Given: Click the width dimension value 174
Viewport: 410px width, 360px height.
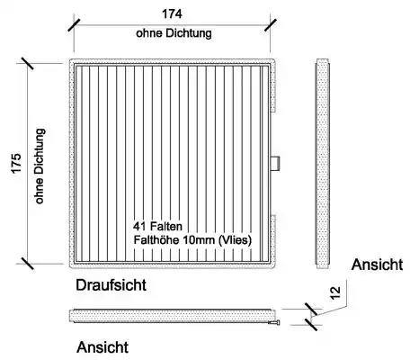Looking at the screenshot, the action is pyautogui.click(x=172, y=13).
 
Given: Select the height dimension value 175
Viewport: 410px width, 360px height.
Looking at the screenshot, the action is pyautogui.click(x=16, y=163).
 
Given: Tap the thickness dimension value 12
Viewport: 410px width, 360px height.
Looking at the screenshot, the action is pyautogui.click(x=335, y=292).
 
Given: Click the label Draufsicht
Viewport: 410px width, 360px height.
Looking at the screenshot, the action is pyautogui.click(x=111, y=284).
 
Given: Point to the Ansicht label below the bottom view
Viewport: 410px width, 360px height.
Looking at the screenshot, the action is pyautogui.click(x=102, y=347).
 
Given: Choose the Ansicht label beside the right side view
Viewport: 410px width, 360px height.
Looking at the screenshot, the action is pyautogui.click(x=377, y=265).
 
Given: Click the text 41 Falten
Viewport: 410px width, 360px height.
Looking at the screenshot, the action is pyautogui.click(x=157, y=226).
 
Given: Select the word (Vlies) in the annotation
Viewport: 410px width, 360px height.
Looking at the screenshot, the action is pyautogui.click(x=236, y=240).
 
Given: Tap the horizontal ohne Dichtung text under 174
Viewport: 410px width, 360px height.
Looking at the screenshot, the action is pyautogui.click(x=174, y=33).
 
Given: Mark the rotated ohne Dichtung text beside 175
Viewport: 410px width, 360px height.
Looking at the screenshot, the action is pyautogui.click(x=40, y=166).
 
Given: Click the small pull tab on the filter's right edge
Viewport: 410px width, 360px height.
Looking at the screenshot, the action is pyautogui.click(x=275, y=163).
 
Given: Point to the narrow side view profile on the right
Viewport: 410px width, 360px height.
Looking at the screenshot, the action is pyautogui.click(x=323, y=164).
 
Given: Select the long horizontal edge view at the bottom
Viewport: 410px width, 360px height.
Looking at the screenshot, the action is pyautogui.click(x=173, y=316).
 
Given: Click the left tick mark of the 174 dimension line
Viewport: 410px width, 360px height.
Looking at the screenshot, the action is pyautogui.click(x=74, y=25).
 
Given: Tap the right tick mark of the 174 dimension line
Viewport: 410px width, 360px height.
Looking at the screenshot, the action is pyautogui.click(x=271, y=25).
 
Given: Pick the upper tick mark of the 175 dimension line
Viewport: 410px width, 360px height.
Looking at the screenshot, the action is pyautogui.click(x=28, y=63).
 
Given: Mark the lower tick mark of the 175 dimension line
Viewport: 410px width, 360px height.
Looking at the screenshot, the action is pyautogui.click(x=28, y=264).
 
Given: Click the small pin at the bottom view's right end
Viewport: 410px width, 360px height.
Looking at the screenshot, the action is pyautogui.click(x=275, y=322).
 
